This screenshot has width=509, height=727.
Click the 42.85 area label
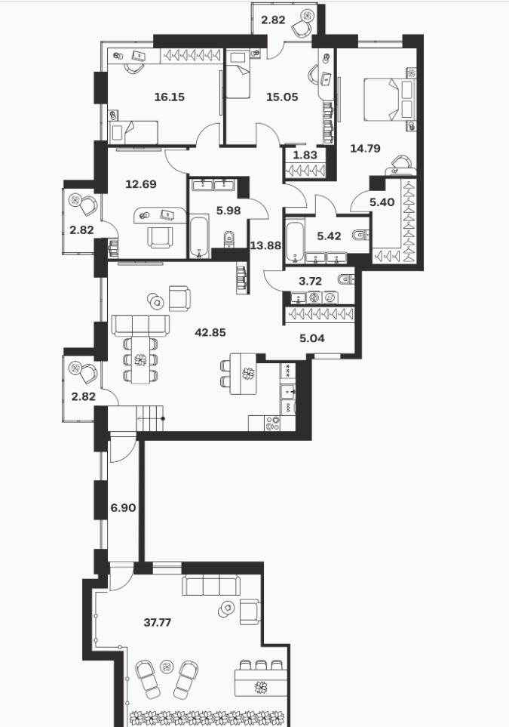coord(210,332)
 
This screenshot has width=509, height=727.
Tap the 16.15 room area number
coord(169,97)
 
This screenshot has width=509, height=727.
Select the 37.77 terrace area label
coord(158,622)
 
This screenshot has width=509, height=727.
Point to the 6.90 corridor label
coord(123,508)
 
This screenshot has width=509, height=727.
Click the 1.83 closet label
coord(305,155)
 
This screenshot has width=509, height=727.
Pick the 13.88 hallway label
coord(265,245)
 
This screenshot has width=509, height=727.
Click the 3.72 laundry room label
coord(311,281)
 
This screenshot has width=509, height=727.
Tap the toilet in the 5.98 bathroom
coord(228,240)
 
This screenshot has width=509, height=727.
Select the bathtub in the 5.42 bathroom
coord(295,242)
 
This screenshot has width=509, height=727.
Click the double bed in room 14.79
coord(388,100)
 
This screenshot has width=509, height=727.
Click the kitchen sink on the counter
coord(288,393)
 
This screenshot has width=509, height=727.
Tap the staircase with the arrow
coord(149,417)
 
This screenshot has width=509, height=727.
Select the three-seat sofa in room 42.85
coord(141,325)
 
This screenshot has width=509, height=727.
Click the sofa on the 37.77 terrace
coord(211,585)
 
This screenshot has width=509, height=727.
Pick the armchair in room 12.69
coord(161,236)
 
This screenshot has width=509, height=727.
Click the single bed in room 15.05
coord(238,75)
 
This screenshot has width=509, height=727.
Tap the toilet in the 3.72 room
coord(346,279)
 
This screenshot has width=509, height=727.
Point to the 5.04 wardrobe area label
coord(311,338)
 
